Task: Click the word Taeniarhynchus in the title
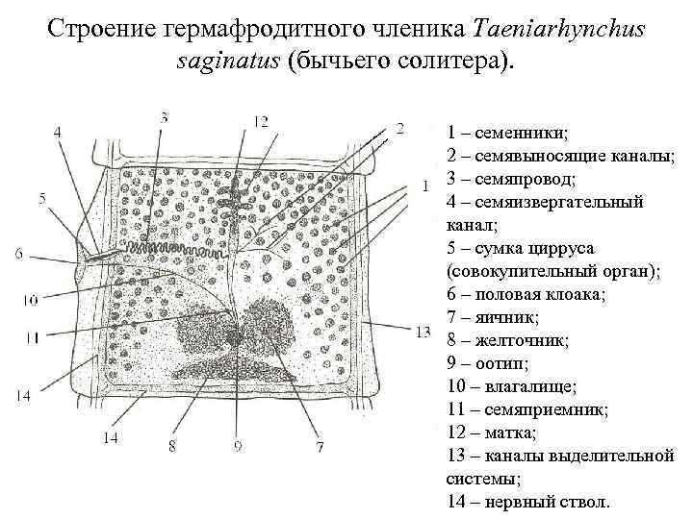[567, 31]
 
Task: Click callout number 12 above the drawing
[261, 121]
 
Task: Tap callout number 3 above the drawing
[165, 117]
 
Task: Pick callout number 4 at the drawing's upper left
[59, 131]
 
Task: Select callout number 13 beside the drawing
[422, 333]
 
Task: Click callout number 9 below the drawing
[237, 445]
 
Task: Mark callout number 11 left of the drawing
[32, 336]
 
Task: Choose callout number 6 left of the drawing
[19, 254]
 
